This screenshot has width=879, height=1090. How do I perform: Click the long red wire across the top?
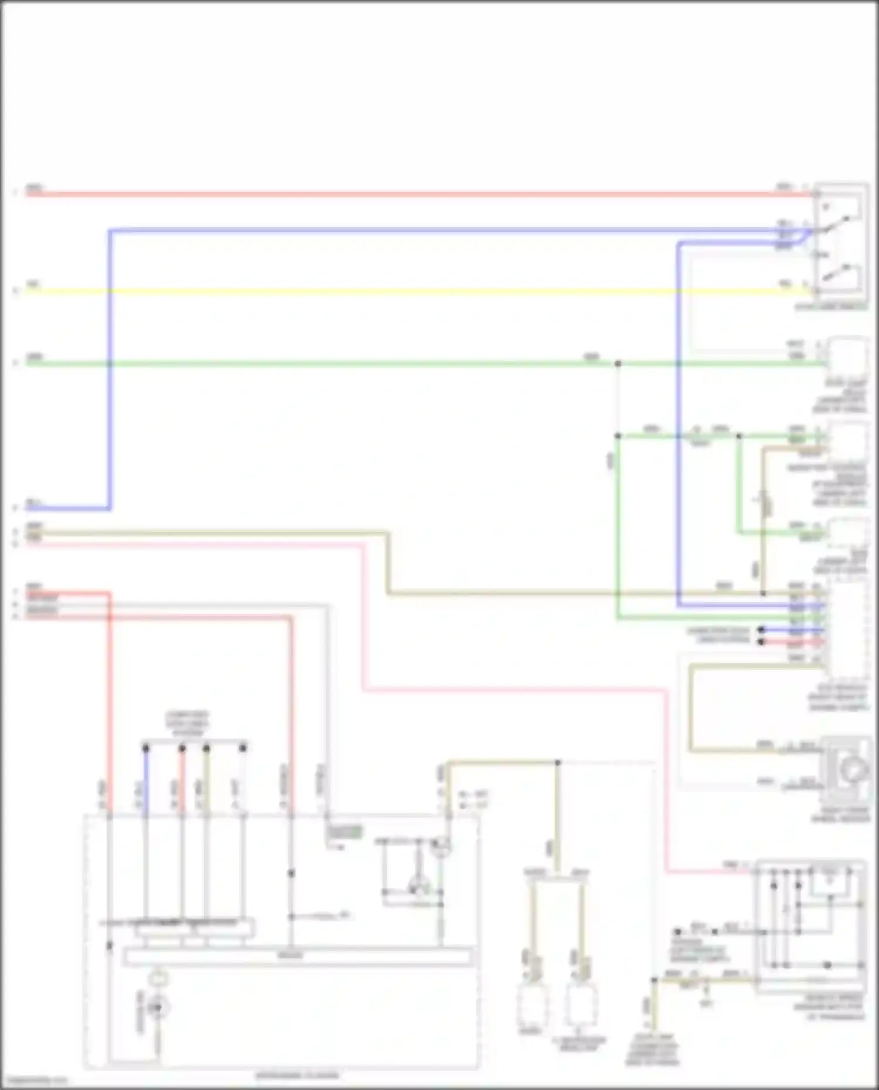410,194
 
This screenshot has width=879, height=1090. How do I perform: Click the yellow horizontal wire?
410,291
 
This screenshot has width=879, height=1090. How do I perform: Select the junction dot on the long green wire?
618,364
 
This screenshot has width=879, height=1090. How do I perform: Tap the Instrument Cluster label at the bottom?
297,1075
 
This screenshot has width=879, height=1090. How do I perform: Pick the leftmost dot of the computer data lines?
146,748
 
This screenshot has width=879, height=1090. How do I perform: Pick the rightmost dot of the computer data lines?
243,748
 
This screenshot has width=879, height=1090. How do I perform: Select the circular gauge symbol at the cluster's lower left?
157,1007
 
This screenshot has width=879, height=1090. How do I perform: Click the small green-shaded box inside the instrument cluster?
345,832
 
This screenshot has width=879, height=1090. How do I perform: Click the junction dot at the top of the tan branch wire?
557,763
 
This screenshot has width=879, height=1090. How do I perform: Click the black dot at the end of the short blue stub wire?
761,630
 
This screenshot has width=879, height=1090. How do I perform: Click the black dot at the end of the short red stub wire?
761,642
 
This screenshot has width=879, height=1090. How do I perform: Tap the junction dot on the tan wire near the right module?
763,594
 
